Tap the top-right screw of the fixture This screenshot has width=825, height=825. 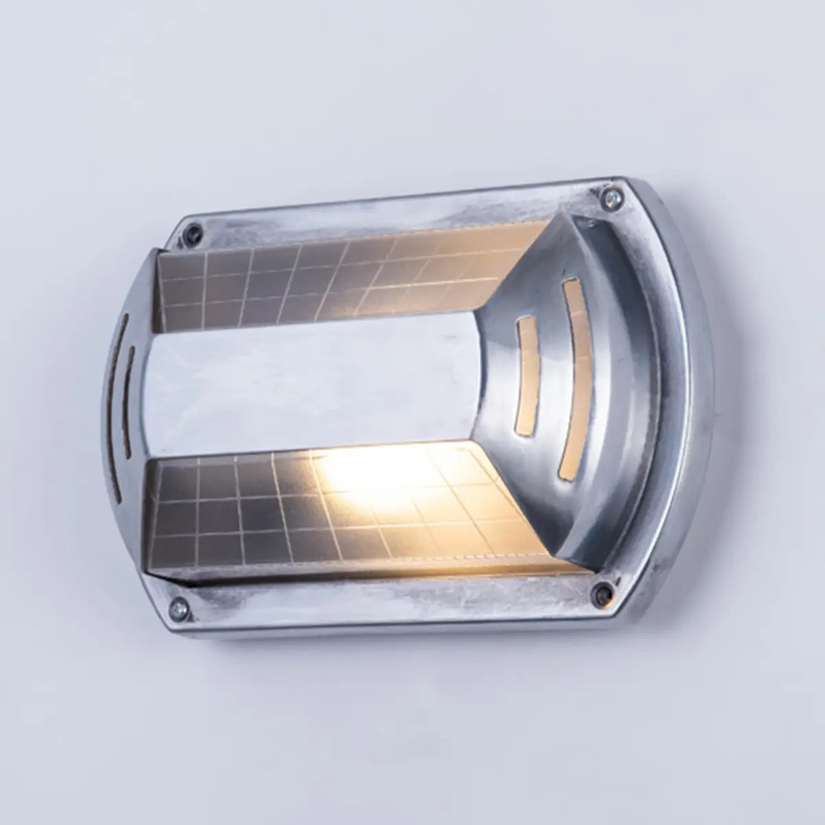coord(608,197)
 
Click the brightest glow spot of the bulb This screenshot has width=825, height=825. coord(351,474)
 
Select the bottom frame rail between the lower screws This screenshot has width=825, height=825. coord(385,598)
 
